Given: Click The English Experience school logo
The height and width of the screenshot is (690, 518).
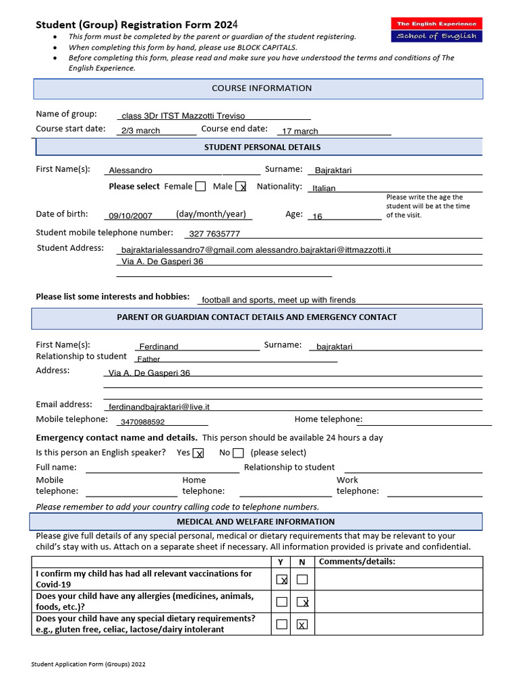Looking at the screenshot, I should [x=436, y=30].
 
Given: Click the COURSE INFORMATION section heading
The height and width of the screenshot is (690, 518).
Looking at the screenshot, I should [x=262, y=88].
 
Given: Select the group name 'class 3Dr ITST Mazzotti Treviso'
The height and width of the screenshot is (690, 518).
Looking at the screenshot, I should [x=183, y=116].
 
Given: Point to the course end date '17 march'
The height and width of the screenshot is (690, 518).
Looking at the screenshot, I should [x=300, y=131].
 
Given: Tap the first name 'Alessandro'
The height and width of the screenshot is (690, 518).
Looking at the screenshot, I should [x=131, y=170].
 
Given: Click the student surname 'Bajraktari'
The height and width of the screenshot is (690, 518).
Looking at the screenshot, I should [x=333, y=170].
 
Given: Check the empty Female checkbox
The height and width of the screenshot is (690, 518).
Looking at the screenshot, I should [x=200, y=187].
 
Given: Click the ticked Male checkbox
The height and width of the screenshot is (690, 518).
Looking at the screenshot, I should [x=241, y=187].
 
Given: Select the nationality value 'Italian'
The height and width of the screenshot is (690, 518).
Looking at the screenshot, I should [x=324, y=188].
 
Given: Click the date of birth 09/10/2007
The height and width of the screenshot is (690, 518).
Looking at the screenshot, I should [x=131, y=216].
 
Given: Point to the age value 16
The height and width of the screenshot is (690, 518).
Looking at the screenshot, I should [x=318, y=216].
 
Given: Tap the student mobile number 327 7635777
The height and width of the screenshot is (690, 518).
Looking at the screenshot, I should [x=214, y=234].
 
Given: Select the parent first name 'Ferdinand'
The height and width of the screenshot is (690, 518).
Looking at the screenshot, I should [x=159, y=346].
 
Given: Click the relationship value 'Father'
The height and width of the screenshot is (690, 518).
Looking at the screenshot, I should [x=148, y=359].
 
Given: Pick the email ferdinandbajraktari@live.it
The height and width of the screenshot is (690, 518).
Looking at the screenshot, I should [x=159, y=407].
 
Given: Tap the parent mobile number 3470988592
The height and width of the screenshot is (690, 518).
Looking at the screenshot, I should [x=142, y=422].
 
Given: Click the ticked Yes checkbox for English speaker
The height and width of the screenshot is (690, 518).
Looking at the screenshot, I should [x=198, y=453].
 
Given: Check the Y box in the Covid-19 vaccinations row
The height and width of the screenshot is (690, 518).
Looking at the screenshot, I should [x=282, y=579].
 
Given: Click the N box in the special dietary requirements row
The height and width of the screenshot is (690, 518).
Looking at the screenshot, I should [x=302, y=625].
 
